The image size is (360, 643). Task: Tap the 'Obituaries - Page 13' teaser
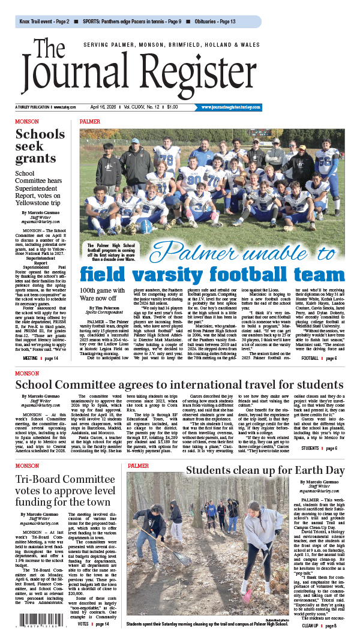[x=211, y=22]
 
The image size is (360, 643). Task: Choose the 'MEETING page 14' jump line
[x=40, y=358]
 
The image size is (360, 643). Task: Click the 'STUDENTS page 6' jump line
[x=319, y=447]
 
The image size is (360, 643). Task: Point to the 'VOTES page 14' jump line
[x=94, y=623]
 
